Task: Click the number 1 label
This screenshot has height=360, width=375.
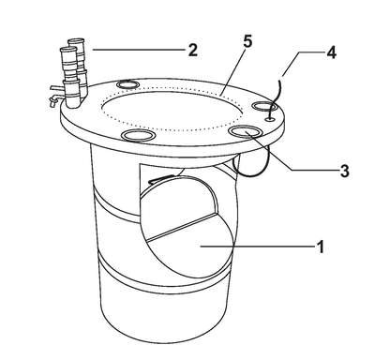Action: point(321,247)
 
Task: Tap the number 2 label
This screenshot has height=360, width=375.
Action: point(193,50)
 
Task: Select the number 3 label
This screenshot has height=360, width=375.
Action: point(344,171)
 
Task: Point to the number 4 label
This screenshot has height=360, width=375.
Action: point(331,53)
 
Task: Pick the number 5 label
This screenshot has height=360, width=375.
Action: point(247,42)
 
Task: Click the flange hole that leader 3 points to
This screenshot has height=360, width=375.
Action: point(246,131)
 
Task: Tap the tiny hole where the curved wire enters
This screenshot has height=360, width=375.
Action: point(270,119)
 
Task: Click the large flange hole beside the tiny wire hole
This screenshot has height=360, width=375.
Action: point(264,106)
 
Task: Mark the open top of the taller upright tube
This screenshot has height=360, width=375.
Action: point(77,40)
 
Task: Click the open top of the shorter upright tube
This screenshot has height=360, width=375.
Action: point(68,50)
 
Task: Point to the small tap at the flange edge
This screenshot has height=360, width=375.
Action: point(53,99)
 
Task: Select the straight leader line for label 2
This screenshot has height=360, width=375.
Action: point(138,50)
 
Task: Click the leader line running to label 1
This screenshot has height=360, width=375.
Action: point(257,247)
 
